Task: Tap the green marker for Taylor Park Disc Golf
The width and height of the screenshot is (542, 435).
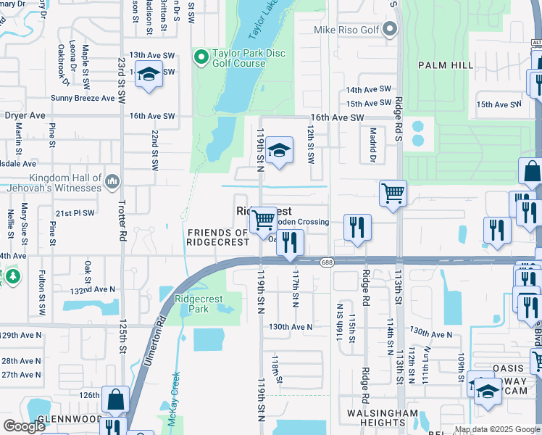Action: pos(201,55)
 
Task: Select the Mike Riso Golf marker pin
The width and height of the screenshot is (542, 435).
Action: pos(391,30)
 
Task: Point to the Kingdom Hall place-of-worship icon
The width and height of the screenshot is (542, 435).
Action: pos(112,181)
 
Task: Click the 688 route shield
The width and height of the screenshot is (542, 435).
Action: pos(328,263)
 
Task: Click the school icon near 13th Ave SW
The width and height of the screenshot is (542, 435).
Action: pos(149,75)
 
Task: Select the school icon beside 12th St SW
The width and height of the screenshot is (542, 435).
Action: pos(279,152)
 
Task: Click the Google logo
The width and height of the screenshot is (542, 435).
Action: pos(23,426)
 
